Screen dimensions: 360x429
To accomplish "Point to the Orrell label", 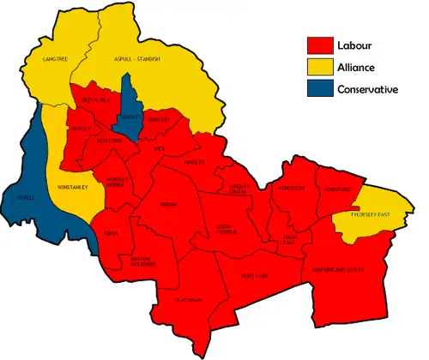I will point(26,197).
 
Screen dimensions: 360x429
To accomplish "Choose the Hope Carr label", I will point(257,277).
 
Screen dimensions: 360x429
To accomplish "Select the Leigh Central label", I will point(227,228).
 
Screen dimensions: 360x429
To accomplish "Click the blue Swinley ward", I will point(130,116).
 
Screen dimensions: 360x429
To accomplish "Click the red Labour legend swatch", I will point(320,45).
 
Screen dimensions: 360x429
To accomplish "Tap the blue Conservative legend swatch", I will point(320,89).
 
